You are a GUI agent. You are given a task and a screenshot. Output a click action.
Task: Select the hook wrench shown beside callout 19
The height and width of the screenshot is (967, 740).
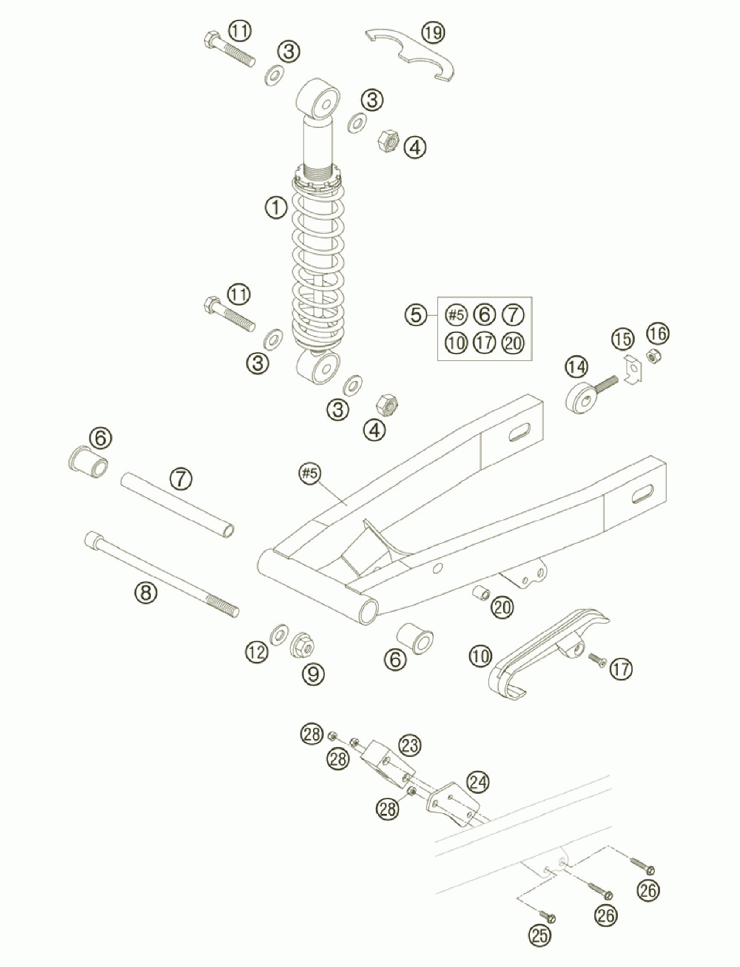[x=413, y=55]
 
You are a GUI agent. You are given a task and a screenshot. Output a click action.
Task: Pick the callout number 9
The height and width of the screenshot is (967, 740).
[x=312, y=673]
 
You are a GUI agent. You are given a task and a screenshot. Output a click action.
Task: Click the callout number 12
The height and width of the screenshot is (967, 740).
[x=257, y=652]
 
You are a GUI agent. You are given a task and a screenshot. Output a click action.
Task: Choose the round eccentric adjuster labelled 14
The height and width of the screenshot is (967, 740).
[x=582, y=398]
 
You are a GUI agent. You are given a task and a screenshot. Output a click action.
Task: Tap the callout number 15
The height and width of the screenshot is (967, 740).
[x=623, y=339]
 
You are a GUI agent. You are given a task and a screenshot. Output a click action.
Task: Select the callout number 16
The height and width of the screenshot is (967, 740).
[x=658, y=334]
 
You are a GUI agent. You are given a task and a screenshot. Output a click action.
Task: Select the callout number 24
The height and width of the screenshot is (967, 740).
[x=478, y=781]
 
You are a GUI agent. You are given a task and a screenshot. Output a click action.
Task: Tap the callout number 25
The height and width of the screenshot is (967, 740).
[x=541, y=935]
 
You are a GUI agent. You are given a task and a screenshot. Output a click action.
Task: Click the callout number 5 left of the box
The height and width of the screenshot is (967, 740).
[x=416, y=314]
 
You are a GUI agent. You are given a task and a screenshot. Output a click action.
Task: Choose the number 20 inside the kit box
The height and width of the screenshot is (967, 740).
[x=511, y=343]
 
